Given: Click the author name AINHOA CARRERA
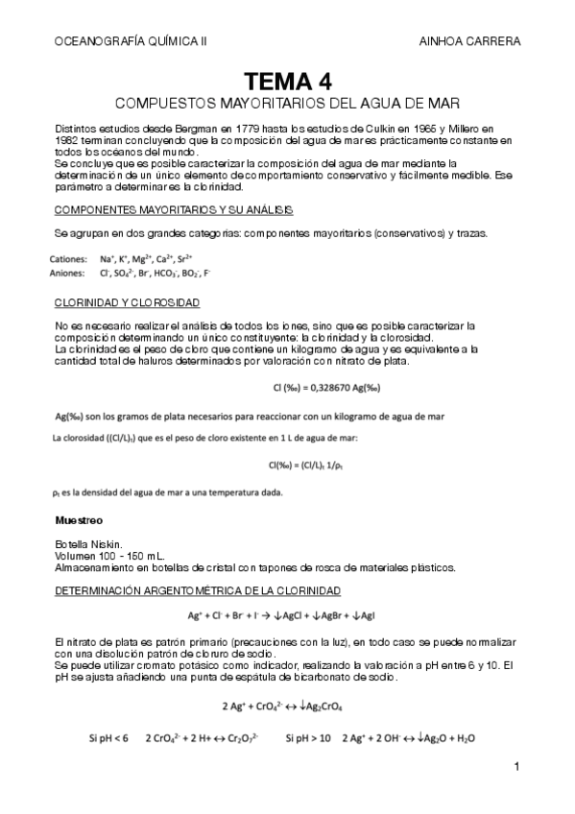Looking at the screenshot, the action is pos(469,41).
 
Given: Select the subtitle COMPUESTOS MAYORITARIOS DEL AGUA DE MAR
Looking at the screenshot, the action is pos(287,102).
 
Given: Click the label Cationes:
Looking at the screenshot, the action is pos(67,258).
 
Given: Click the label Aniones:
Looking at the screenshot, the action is pos(67,273).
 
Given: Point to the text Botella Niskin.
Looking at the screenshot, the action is pos(89,544).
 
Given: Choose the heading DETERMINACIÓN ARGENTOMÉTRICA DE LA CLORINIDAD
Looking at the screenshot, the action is pos(198,589).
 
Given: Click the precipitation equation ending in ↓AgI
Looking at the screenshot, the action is pos(287,614).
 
